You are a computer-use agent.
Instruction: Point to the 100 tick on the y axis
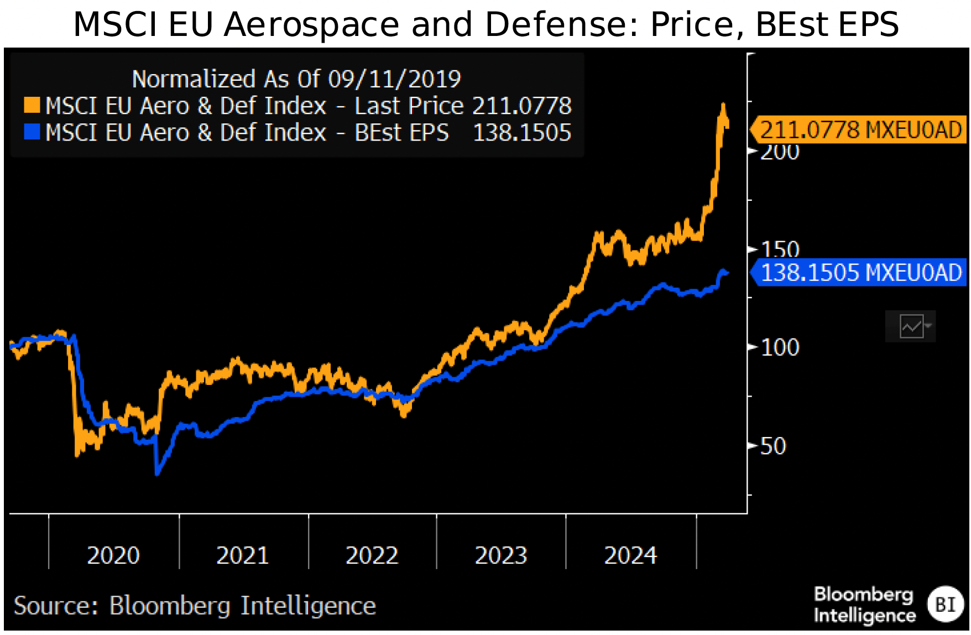[780, 348]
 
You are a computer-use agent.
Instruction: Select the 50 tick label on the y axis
[773, 446]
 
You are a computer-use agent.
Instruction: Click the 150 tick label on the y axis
[780, 248]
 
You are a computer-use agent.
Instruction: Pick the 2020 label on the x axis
[113, 555]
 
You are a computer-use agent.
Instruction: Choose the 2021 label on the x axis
[242, 555]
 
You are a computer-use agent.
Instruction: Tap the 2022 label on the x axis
[372, 555]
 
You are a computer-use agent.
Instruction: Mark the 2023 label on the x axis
[501, 555]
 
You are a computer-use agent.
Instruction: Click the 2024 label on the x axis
[630, 555]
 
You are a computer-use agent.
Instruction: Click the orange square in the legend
[32, 105]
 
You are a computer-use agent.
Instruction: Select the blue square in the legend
[32, 132]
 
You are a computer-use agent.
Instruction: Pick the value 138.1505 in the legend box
[522, 133]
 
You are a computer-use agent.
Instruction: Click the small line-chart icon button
[911, 326]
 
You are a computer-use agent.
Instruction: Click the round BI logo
[945, 604]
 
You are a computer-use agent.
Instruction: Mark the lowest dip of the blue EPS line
[158, 472]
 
